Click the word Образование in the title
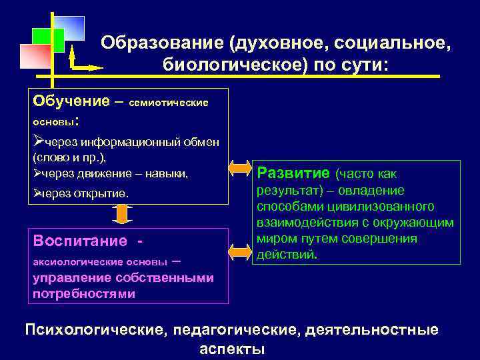point(162,43)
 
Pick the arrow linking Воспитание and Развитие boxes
point(239,252)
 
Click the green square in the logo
point(48,40)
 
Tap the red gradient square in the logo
point(35,57)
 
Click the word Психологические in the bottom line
point(94,330)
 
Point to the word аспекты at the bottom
point(231,349)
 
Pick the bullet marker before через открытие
point(37,193)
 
